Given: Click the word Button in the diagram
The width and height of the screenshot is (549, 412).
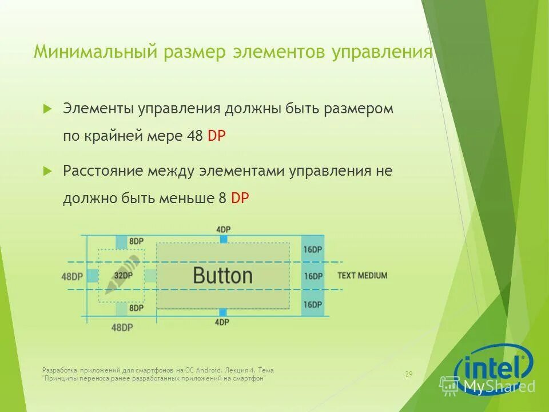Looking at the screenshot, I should point(222,275).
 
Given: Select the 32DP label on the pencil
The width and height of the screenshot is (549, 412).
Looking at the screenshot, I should point(122,275).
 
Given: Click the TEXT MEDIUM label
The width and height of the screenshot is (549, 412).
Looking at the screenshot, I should point(362,275).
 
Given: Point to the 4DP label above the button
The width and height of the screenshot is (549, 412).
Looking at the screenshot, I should point(223,229).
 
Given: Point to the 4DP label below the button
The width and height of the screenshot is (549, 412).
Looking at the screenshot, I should point(222,322).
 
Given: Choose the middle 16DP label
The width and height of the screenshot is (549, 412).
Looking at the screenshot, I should point(313,276).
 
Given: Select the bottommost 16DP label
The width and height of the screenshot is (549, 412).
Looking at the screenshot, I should point(313,304).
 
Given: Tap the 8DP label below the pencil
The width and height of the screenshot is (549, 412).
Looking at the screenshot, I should point(136,308).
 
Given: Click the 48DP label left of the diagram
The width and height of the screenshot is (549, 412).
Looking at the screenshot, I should point(72,276).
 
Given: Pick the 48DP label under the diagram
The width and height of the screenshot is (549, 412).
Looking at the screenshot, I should point(122,327).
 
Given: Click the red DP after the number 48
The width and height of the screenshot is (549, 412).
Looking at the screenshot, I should point(217,136).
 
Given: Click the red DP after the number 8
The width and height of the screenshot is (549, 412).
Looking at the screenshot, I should point(240,198).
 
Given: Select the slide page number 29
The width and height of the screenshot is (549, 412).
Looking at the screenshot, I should point(408,374).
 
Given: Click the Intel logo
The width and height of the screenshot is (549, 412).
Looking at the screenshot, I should point(493,366).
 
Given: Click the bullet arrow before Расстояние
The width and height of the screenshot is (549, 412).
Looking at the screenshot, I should point(48,171).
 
